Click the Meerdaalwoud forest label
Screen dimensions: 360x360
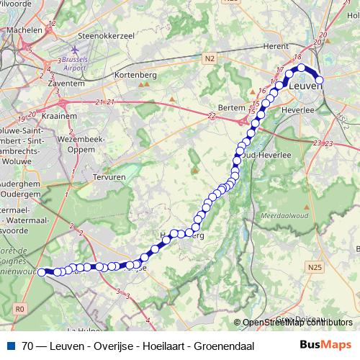pyautogui.click(x=291, y=215)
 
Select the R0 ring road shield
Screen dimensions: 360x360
pyautogui.click(x=19, y=308)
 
